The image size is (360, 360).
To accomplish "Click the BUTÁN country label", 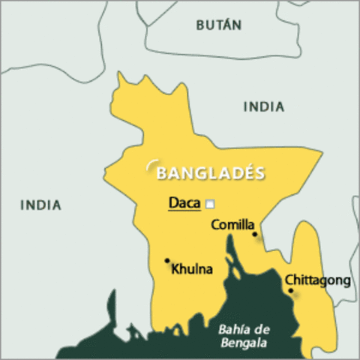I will pos(218,25).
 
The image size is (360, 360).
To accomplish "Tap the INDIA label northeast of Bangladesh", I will pos(263,107).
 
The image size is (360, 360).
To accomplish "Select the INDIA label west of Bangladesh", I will pos(40,205).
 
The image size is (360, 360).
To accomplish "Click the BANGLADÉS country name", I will pos(210,173).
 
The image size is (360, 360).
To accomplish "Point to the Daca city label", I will pos(184,202).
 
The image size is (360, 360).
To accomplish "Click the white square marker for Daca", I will pos(210,203).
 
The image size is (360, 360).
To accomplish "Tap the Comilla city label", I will pos(233,224).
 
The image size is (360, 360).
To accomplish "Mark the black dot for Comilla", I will pos(255,234).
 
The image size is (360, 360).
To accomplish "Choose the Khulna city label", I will pos(192,268).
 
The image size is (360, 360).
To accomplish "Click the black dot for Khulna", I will pos(166,261).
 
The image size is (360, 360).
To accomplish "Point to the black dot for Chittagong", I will pos(291,290).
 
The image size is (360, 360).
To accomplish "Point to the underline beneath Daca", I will pos(184,211).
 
